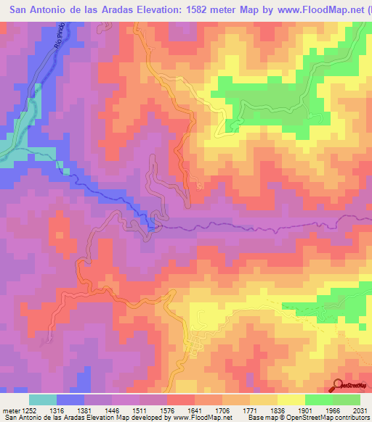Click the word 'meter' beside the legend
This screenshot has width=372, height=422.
(x=9, y=410)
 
